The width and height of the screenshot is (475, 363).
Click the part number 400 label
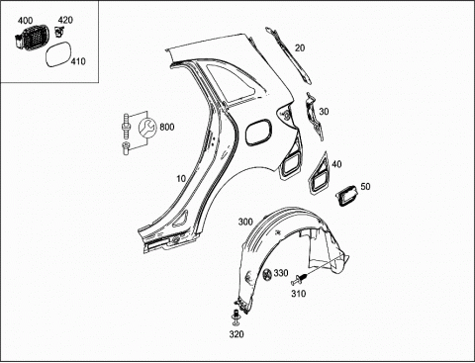pos(25,21)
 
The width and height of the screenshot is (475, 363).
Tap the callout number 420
pos(65,20)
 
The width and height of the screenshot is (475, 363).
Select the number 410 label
pos(78,61)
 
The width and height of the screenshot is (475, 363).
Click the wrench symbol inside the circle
pos(147,127)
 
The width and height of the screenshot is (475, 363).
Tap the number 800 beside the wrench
pos(167,127)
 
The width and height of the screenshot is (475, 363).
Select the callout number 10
pos(181,179)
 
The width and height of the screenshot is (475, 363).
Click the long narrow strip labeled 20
pos(288,54)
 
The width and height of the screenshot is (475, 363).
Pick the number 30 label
pos(324,112)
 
